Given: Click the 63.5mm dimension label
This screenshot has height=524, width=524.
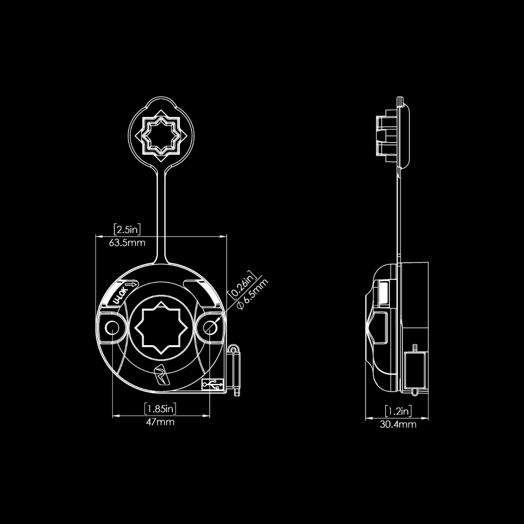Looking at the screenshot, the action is pyautogui.click(x=127, y=243).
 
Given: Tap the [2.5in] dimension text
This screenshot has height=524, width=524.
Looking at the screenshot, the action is pyautogui.click(x=127, y=230).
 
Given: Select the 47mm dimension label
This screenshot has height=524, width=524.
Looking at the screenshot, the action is pyautogui.click(x=160, y=422).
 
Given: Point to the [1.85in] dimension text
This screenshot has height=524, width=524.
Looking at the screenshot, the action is pyautogui.click(x=160, y=408).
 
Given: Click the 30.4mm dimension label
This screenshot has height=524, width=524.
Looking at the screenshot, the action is pyautogui.click(x=398, y=424).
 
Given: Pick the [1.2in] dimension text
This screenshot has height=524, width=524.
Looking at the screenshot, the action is pyautogui.click(x=398, y=411).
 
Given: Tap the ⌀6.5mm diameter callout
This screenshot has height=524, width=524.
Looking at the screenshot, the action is pyautogui.click(x=252, y=294).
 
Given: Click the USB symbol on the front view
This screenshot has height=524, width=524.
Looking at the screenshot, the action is pyautogui.click(x=212, y=385).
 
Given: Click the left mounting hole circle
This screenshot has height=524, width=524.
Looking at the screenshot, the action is pyautogui.click(x=112, y=328).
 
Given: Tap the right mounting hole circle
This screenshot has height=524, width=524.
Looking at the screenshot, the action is pyautogui.click(x=210, y=328).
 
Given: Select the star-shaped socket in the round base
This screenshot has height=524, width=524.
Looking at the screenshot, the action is pyautogui.click(x=161, y=328).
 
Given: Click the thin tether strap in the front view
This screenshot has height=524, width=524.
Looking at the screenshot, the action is pyautogui.click(x=161, y=214).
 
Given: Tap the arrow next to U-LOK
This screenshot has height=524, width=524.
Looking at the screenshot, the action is pyautogui.click(x=132, y=285).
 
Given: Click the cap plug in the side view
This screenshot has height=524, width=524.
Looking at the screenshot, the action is pyautogui.click(x=388, y=136).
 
